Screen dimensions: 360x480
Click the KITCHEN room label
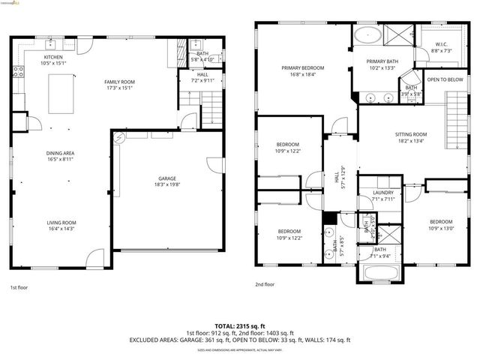click(x=52, y=57)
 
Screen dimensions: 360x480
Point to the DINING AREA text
click(x=61, y=153)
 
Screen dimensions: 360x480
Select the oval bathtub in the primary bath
click(x=369, y=35)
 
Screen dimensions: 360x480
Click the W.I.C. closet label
click(x=441, y=44)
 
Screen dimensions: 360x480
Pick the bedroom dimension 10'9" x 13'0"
click(x=440, y=229)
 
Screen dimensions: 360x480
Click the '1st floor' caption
click(x=20, y=287)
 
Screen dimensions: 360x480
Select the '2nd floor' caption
click(x=265, y=284)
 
